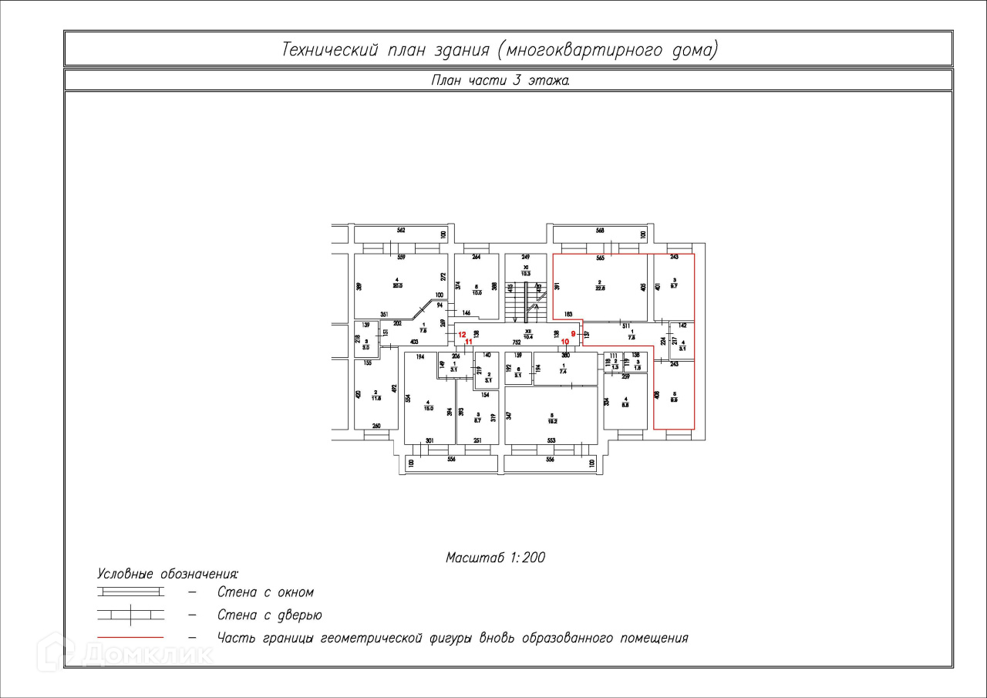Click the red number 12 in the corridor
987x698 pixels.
[x=462, y=335]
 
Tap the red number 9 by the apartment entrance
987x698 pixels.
[x=573, y=334]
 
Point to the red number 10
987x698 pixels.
[x=564, y=342]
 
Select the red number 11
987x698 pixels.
[x=467, y=341]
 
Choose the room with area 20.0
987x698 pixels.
[x=397, y=283]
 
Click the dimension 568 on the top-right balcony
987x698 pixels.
[x=600, y=231]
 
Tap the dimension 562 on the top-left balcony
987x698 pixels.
[x=401, y=231]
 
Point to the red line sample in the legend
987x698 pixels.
[x=130, y=638]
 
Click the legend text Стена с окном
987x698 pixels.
[x=265, y=592]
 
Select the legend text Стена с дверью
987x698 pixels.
[x=269, y=615]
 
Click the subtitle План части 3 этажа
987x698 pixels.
[x=500, y=79]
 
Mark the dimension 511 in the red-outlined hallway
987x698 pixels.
[x=626, y=326]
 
